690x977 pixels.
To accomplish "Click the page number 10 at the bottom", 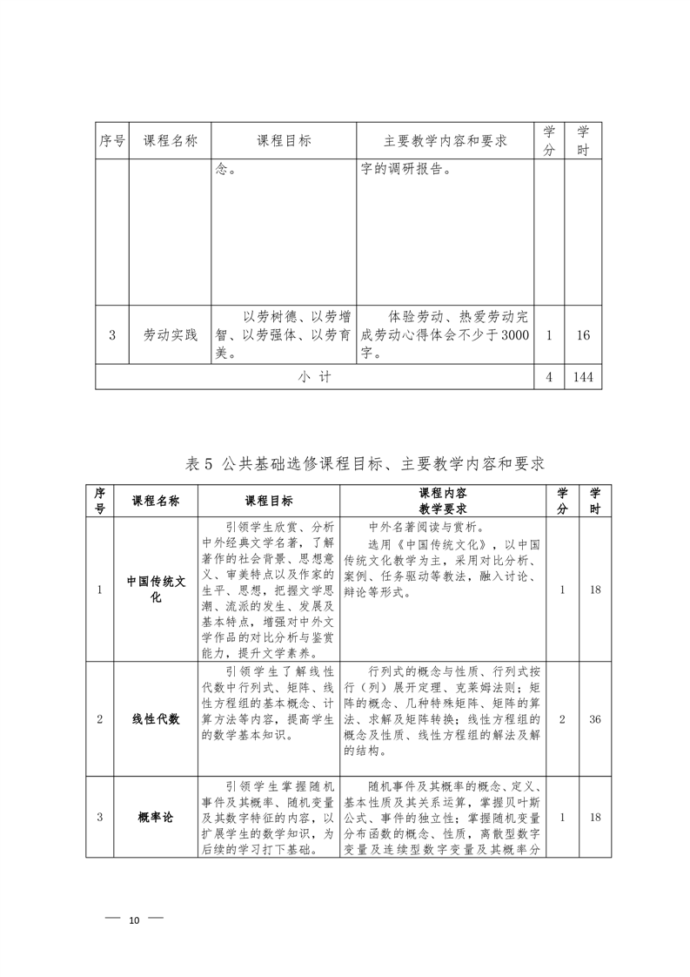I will pyautogui.click(x=134, y=920).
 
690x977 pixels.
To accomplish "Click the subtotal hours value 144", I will pyautogui.click(x=583, y=377).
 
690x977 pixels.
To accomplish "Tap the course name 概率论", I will pyautogui.click(x=157, y=817).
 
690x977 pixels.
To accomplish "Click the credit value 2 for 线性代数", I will pyautogui.click(x=562, y=719).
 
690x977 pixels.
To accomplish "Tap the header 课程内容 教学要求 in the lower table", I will pyautogui.click(x=443, y=501).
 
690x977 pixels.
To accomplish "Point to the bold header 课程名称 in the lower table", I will pyautogui.click(x=156, y=501).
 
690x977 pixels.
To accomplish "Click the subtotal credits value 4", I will pyautogui.click(x=548, y=377).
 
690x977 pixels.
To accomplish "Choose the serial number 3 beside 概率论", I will pyautogui.click(x=100, y=817).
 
